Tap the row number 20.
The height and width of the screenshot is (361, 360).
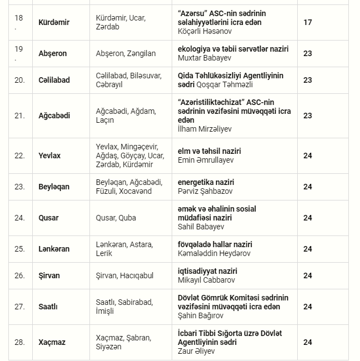coord(19,80)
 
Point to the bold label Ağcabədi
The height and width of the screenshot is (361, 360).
coord(54,116)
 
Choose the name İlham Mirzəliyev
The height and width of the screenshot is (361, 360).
coord(204,129)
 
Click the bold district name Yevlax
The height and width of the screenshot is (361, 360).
coord(49,156)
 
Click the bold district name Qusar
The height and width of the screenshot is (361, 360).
coord(48,218)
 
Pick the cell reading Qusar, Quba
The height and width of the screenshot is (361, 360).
coord(116,218)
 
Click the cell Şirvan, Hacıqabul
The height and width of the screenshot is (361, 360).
coord(124,275)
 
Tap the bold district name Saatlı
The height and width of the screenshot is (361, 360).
coord(48,307)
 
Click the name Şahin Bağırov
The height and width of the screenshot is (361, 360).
coord(201,315)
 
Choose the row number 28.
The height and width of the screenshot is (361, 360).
coord(19,342)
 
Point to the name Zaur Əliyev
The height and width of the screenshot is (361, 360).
coord(195,351)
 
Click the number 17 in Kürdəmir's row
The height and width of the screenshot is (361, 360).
coord(307,22)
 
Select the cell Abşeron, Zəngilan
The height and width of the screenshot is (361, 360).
coord(126,53)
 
